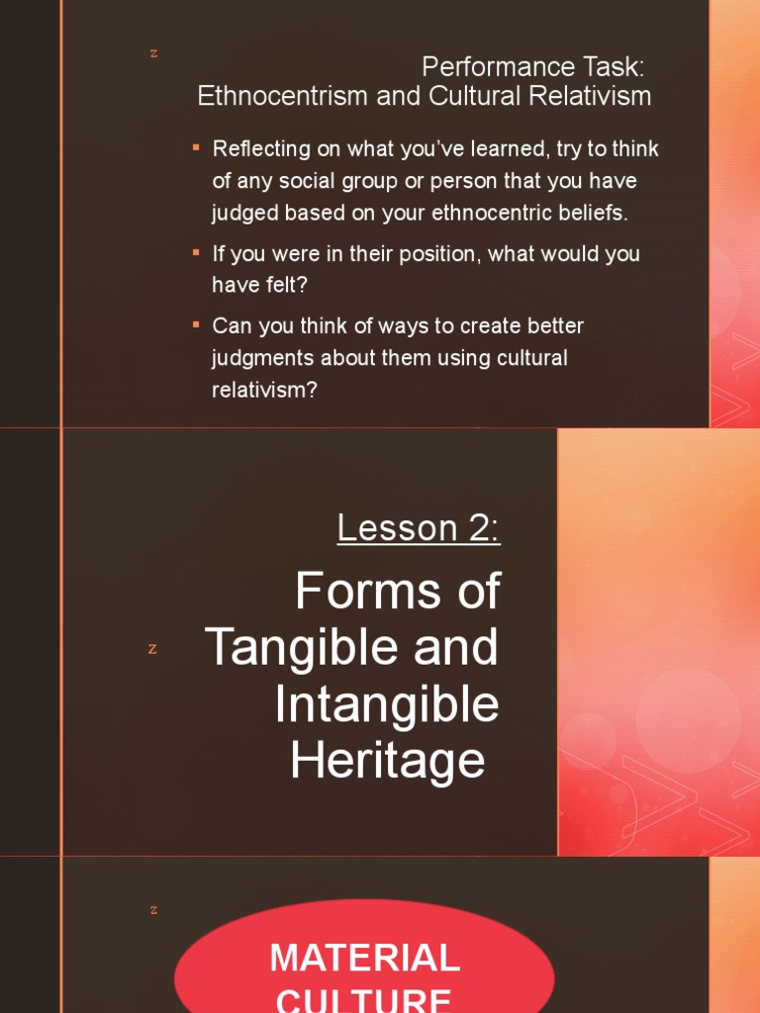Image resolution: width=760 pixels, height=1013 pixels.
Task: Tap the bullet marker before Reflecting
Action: click(x=196, y=147)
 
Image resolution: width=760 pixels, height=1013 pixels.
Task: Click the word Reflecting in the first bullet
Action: click(x=261, y=149)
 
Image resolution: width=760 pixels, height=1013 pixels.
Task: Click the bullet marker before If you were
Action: click(x=196, y=252)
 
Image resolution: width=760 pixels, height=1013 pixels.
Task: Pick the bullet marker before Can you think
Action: click(x=196, y=323)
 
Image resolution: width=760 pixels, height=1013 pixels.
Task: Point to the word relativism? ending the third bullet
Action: click(x=264, y=390)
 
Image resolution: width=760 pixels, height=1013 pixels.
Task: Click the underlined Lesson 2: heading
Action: click(x=419, y=528)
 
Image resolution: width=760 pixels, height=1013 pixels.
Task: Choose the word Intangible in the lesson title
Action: click(x=387, y=704)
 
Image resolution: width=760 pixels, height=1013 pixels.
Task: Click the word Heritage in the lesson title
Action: click(x=388, y=761)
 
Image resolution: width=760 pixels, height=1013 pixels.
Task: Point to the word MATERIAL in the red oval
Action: click(x=365, y=958)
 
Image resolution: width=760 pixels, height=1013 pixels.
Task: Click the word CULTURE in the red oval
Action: click(x=365, y=999)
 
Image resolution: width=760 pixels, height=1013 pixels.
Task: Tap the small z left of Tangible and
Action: click(x=152, y=649)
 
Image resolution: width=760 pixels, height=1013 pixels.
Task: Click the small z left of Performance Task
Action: click(x=153, y=53)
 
